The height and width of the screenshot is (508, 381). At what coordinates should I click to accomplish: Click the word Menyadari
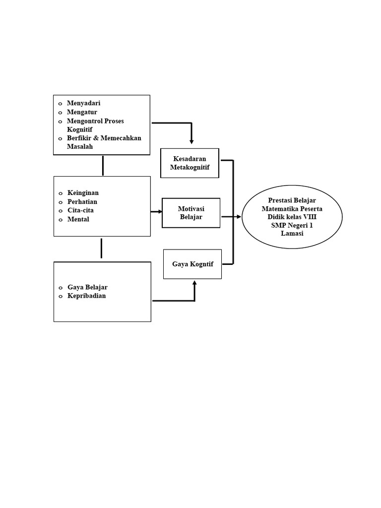[83, 103]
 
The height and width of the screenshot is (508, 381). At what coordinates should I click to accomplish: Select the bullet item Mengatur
[82, 112]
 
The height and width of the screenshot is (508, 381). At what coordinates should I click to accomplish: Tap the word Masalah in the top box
[80, 147]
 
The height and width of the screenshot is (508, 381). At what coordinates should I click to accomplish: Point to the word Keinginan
[83, 192]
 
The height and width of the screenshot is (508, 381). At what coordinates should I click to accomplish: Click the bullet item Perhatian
[82, 201]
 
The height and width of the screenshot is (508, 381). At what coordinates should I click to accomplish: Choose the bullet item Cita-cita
[80, 210]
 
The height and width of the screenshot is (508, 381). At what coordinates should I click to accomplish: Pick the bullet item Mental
[78, 219]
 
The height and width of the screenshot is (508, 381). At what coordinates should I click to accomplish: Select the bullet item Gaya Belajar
[87, 287]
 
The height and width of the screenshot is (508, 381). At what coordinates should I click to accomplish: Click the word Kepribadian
[86, 296]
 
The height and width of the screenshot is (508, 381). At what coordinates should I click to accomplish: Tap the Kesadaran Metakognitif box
[190, 163]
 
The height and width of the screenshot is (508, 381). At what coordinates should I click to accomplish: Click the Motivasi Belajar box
[191, 213]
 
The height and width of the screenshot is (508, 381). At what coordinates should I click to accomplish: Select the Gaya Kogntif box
[192, 264]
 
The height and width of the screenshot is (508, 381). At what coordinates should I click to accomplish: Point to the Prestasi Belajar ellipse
[292, 216]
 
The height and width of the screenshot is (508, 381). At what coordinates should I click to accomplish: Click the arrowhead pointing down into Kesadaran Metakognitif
[191, 142]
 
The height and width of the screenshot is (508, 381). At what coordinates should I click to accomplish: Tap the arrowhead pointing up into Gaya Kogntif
[194, 283]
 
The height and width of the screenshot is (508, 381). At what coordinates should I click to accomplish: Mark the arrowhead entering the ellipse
[239, 217]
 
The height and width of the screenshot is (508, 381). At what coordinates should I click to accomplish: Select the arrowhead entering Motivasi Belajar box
[160, 212]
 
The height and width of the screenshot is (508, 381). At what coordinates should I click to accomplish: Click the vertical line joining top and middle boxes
[103, 166]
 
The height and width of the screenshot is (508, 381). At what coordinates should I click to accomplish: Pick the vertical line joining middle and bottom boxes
[101, 248]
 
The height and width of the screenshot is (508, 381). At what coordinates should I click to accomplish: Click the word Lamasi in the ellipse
[292, 234]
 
